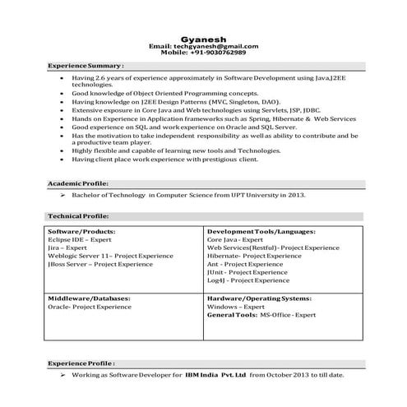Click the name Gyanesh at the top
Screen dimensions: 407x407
coord(203,38)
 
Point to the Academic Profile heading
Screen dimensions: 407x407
coord(78,183)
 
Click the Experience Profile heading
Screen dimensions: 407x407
coord(81,362)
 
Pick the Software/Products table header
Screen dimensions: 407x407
coord(81,232)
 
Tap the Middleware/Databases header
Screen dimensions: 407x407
coord(86,298)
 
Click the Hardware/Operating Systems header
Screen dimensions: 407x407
coord(260,298)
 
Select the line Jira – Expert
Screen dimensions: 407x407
coord(67,247)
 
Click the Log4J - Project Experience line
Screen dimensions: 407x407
coord(247,280)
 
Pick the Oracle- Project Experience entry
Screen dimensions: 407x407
coord(86,306)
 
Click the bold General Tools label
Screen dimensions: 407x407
coord(232,314)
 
